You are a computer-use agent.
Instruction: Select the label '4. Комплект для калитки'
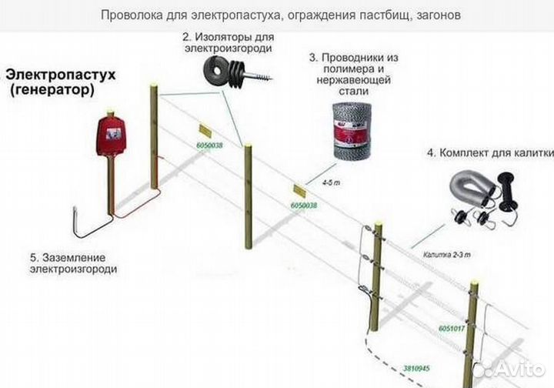coord(489,153)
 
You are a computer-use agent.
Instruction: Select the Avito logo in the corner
coord(512,368)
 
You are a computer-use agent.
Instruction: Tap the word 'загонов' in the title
coord(439,15)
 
